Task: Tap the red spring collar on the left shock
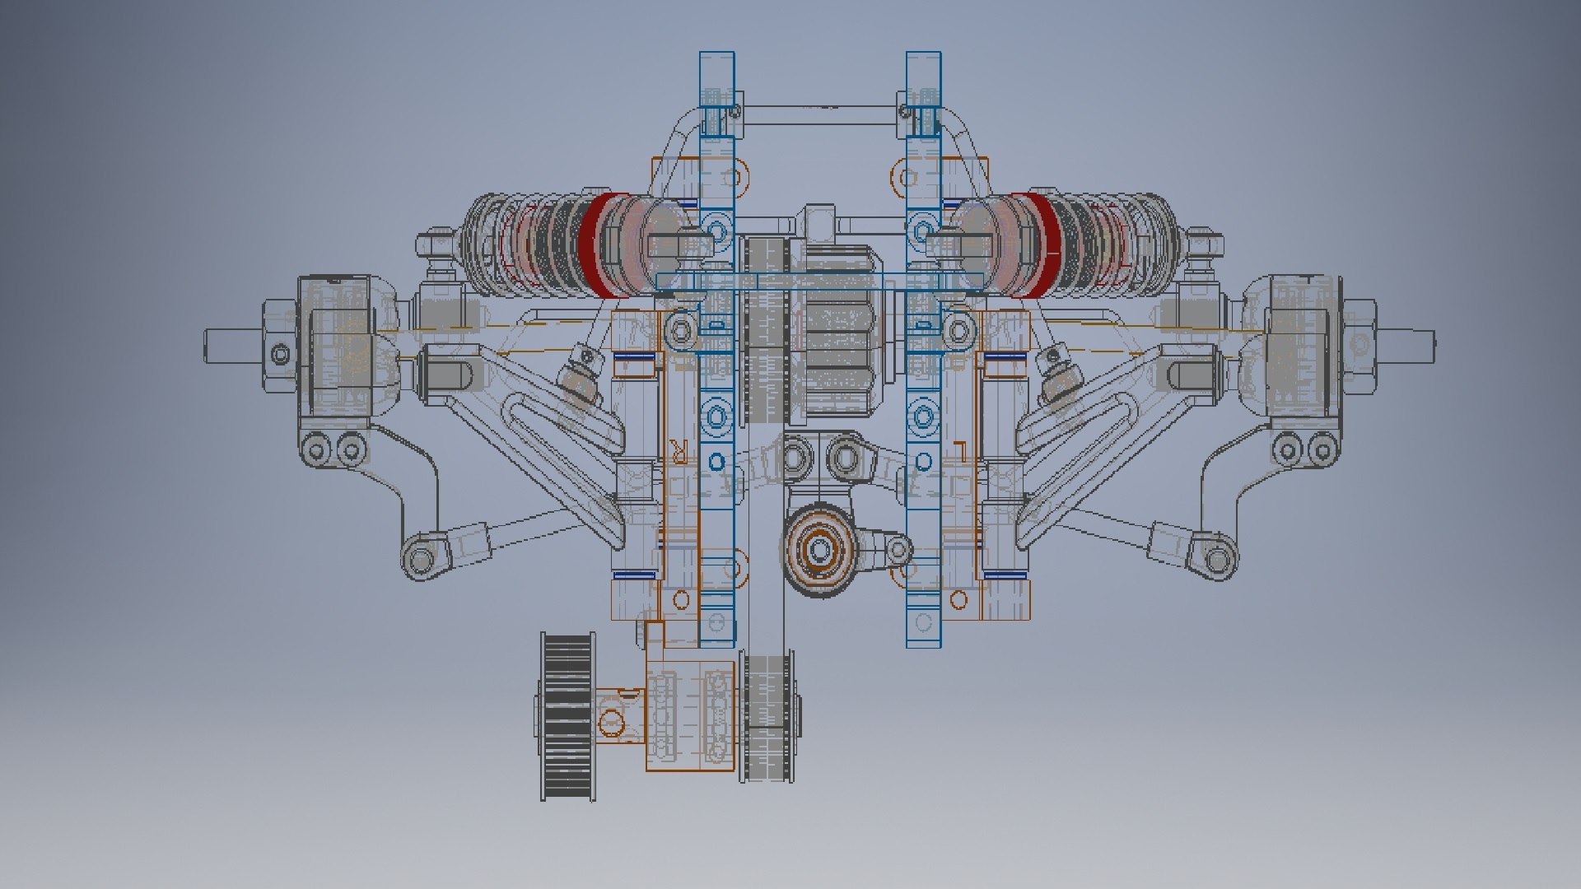click(x=595, y=244)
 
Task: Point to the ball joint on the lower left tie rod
click(x=420, y=560)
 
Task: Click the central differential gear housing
click(x=836, y=329)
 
